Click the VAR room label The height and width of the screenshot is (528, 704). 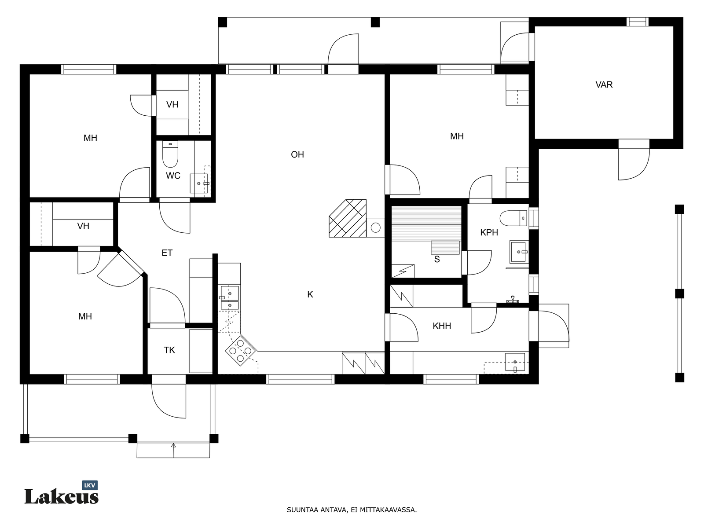604,84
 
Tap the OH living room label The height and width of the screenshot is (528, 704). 297,154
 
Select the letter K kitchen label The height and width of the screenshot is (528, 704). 310,294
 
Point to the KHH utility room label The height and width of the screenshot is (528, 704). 442,326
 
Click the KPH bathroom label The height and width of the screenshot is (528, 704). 489,232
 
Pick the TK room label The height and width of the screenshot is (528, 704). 169,350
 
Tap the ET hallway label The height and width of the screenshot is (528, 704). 167,253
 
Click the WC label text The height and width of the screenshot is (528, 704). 173,176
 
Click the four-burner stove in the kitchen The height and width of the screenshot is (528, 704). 241,351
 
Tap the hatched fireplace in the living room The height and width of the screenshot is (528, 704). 348,218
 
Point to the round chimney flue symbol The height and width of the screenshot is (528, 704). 376,228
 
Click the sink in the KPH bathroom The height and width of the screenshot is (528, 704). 519,252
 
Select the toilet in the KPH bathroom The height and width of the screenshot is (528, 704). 513,218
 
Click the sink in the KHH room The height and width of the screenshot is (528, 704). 515,362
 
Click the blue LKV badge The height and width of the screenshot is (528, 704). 90,485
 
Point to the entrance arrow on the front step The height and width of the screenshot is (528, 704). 173,451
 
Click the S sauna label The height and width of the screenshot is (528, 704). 437,259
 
